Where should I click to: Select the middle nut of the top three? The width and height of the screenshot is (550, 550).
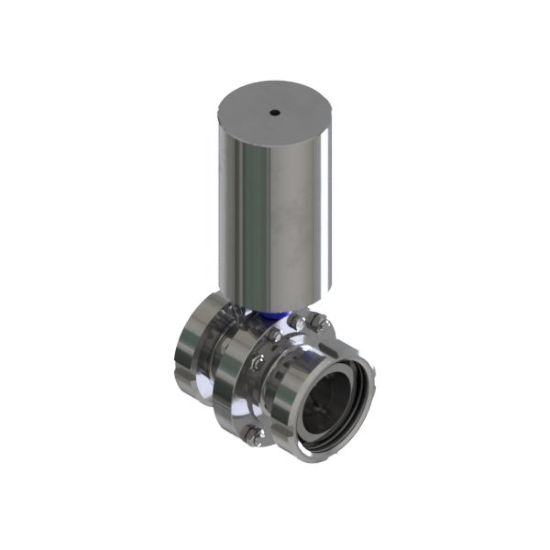pyautogui.click(x=296, y=323)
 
